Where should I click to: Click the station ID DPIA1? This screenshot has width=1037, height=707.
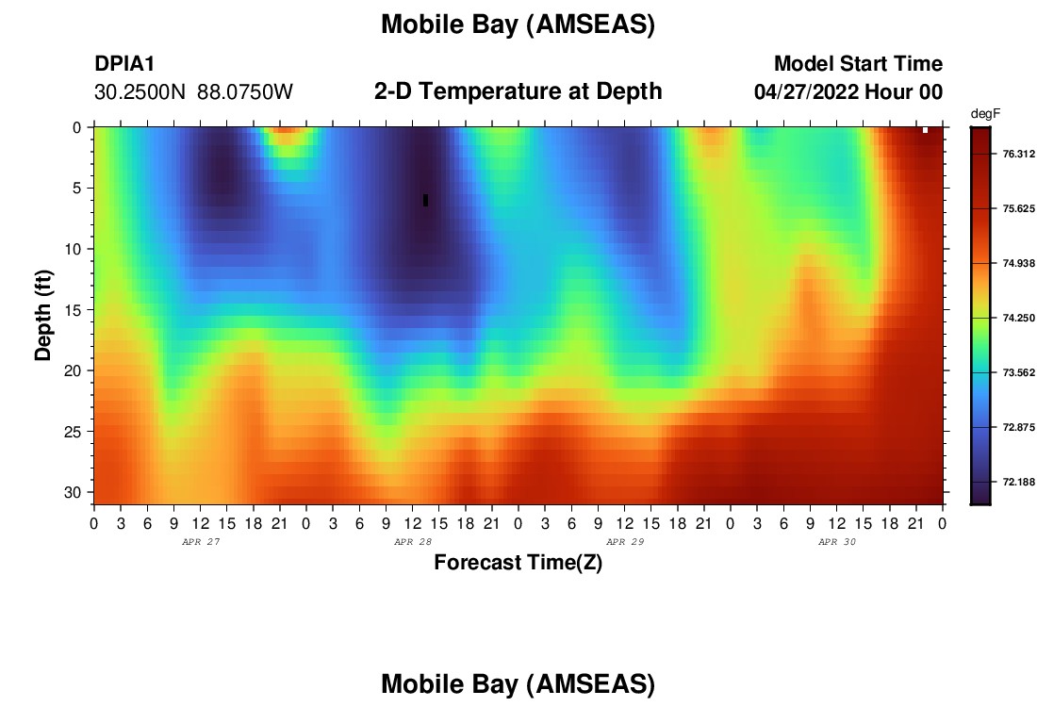click(124, 64)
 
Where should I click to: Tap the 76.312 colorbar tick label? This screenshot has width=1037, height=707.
click(1018, 154)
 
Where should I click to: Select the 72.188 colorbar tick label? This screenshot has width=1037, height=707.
click(1018, 482)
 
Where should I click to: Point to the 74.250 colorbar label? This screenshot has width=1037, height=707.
click(1018, 318)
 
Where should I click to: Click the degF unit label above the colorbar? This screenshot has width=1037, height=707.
click(985, 114)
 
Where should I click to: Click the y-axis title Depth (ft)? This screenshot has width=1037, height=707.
click(43, 315)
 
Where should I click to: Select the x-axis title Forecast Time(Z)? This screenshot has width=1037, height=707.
click(518, 563)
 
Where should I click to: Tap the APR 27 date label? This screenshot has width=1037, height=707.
click(201, 542)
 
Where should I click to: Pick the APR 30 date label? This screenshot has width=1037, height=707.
click(837, 542)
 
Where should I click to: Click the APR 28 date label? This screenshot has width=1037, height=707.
click(413, 542)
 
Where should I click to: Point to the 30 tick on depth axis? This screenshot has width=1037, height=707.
click(73, 493)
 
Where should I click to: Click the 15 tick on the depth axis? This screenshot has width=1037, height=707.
click(73, 310)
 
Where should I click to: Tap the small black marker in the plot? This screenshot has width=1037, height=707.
click(425, 200)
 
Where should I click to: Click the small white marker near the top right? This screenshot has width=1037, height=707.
click(925, 130)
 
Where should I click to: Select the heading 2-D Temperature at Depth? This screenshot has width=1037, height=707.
click(518, 91)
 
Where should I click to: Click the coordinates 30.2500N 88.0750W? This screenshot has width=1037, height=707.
click(193, 92)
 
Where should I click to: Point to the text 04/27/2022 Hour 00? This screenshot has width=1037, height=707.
click(848, 92)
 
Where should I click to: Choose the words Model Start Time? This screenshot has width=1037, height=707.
click(859, 64)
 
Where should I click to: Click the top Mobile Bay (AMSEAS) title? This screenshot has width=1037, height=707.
click(518, 25)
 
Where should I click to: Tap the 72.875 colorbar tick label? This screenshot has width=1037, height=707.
click(1018, 427)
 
